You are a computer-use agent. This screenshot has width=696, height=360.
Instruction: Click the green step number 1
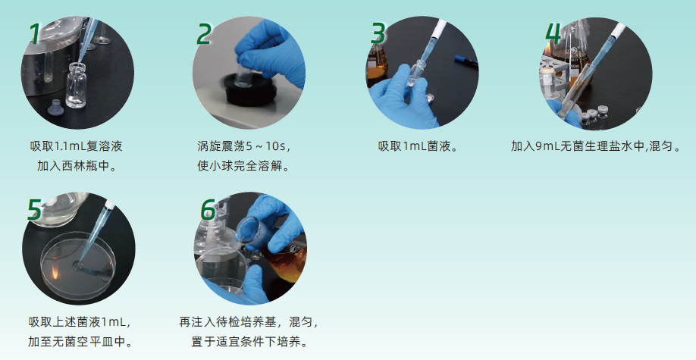[35, 34]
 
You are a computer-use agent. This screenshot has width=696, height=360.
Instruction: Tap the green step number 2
[203, 34]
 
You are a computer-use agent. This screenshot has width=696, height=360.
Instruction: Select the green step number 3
[378, 33]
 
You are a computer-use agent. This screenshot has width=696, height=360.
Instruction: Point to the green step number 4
[553, 33]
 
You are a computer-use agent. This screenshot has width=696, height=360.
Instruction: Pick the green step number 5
[35, 209]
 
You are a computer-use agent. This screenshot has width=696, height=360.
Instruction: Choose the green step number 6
[208, 209]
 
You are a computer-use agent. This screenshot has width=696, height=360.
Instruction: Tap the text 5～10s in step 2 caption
[271, 146]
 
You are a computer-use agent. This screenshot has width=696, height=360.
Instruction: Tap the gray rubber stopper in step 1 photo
[55, 108]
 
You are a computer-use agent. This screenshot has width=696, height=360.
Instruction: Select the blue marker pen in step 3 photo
[466, 61]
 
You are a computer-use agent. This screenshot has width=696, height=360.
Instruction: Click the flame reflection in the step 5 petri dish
[54, 270]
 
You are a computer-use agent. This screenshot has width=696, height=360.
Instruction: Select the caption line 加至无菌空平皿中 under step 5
[80, 342]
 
